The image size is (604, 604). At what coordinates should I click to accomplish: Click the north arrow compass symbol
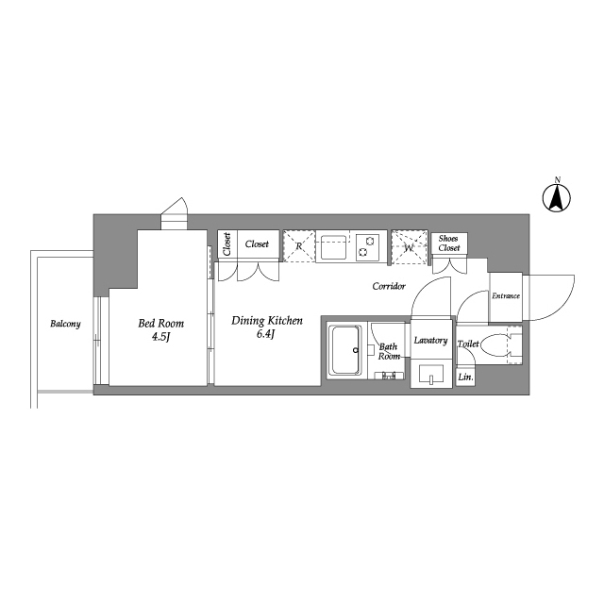click(557, 197)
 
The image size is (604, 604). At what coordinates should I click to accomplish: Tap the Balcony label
click(65, 325)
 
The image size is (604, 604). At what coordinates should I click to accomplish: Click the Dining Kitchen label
click(267, 321)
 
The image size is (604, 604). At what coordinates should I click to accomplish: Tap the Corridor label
click(389, 285)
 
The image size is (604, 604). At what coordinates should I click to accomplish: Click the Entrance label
click(506, 296)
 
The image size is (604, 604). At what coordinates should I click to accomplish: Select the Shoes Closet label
click(448, 243)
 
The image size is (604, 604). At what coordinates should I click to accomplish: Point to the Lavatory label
click(430, 340)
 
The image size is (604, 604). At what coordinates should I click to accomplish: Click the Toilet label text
click(468, 344)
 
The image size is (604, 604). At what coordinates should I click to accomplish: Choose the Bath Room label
click(390, 352)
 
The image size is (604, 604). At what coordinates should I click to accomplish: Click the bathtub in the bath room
click(346, 351)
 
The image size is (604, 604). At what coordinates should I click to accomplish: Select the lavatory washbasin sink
click(432, 374)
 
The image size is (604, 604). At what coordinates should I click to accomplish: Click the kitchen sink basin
click(332, 247)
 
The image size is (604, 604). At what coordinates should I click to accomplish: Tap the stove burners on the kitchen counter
click(367, 246)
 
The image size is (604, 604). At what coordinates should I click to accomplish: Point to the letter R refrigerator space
click(299, 246)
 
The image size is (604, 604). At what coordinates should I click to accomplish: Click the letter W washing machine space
click(409, 247)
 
